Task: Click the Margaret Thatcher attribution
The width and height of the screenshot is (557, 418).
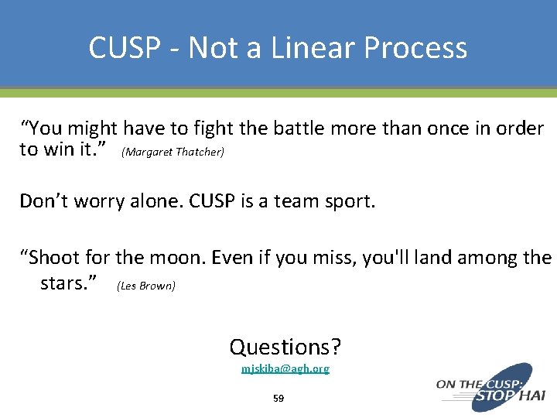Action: (x=173, y=152)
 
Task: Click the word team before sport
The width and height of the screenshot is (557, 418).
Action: (x=301, y=201)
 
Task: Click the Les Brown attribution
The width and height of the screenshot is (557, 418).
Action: (x=146, y=286)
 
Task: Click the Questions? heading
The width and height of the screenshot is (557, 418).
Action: (x=285, y=347)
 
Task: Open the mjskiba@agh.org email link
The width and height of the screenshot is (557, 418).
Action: (x=285, y=368)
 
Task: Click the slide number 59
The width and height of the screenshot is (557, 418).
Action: (x=278, y=399)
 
